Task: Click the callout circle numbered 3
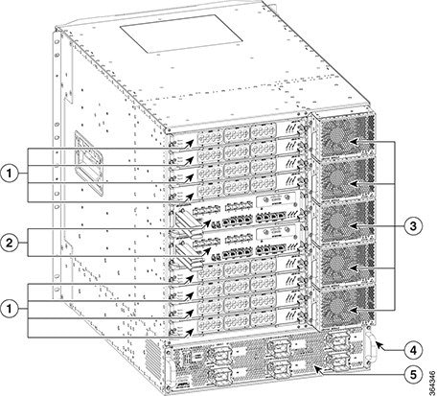(413, 226)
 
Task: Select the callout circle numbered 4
(413, 351)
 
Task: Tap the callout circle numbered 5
(413, 374)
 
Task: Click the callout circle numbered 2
(10, 243)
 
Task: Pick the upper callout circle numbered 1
(10, 175)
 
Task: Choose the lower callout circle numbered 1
(10, 310)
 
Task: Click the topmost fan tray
(343, 133)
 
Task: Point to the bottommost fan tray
(343, 307)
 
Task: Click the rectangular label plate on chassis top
(181, 34)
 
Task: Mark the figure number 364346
(432, 383)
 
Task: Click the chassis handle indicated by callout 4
(370, 346)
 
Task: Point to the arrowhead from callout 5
(318, 369)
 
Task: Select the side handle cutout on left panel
(88, 163)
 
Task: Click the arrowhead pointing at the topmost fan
(354, 141)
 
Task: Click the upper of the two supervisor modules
(238, 211)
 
